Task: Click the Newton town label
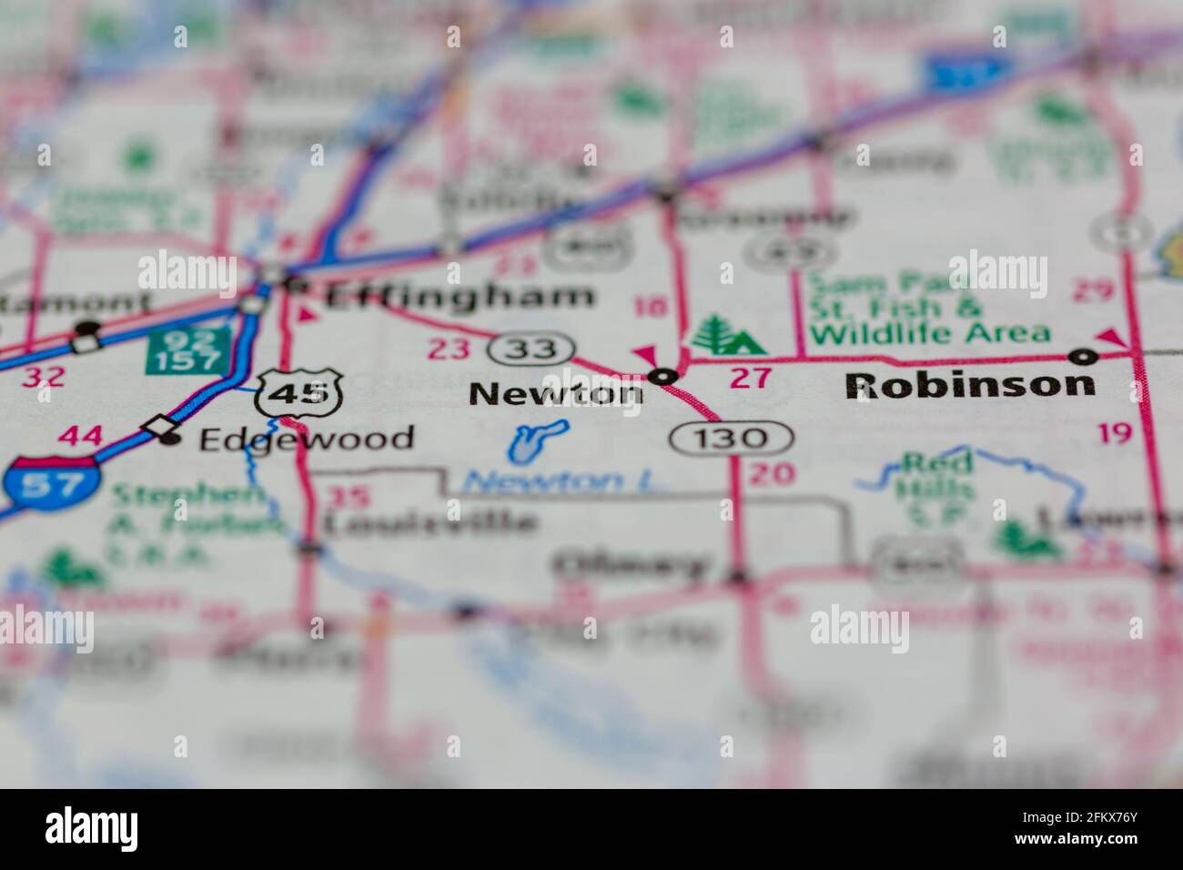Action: coord(555,393)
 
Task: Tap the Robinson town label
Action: coord(969,385)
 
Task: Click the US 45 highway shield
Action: coord(298,394)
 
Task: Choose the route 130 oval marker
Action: coord(732,439)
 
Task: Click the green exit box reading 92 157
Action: coord(186,350)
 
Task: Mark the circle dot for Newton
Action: coord(665,375)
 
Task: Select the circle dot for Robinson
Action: coord(1083,355)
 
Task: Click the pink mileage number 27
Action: coord(750,377)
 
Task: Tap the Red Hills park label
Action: coord(935,477)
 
